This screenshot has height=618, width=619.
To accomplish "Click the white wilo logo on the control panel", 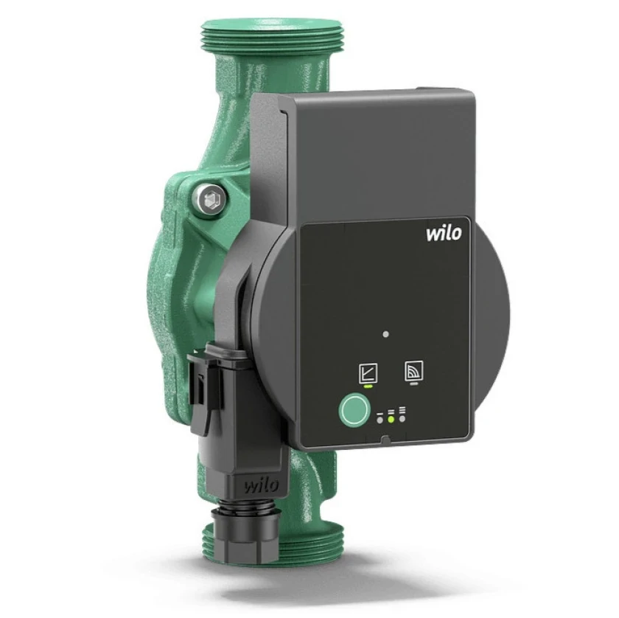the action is [x=444, y=233].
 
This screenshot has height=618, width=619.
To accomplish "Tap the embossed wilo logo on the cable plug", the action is [x=262, y=485].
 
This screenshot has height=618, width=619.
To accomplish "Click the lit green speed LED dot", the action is [x=391, y=419].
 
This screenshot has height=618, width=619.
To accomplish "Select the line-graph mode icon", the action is [x=368, y=373].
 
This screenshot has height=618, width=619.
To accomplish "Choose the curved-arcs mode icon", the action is [x=414, y=371].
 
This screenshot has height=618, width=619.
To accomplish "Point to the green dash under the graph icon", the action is [x=368, y=386].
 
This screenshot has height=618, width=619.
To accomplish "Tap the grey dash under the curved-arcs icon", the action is [x=414, y=383].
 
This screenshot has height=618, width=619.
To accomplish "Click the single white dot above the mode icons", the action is [x=385, y=334].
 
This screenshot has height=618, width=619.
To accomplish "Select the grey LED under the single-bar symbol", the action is [x=380, y=420].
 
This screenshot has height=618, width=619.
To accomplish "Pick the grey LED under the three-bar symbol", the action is [x=402, y=418].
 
